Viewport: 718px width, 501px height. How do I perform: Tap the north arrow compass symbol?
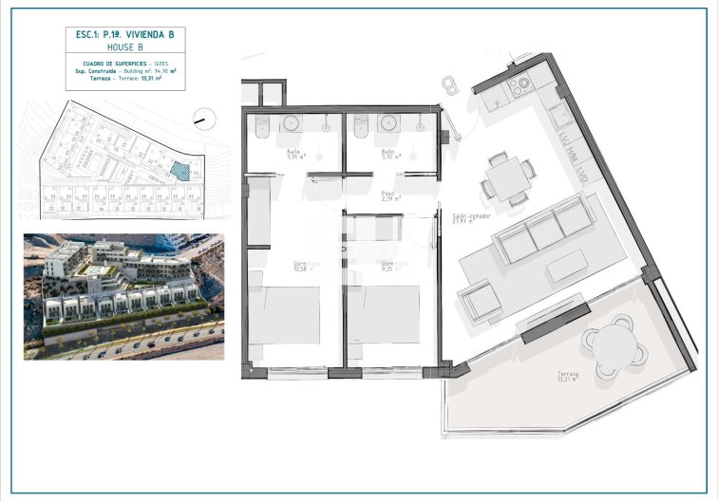tap(200, 120)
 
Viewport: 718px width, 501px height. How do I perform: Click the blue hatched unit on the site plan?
tap(178, 170)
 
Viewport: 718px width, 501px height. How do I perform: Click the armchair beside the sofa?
tap(480, 302)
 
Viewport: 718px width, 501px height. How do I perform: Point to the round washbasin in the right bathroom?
tap(387, 123)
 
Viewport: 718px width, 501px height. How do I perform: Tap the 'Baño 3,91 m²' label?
tap(295, 154)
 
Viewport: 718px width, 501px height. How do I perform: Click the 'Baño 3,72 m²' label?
tap(389, 154)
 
